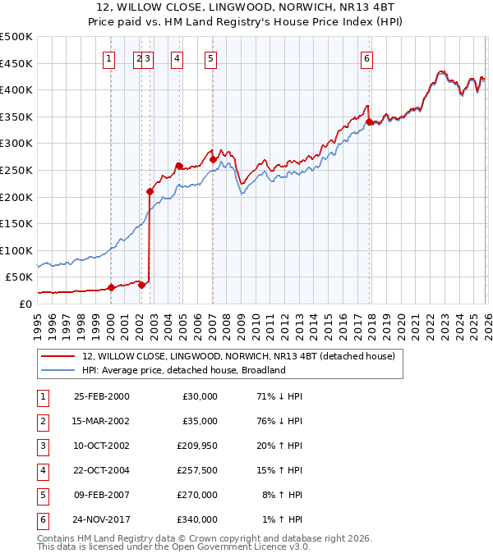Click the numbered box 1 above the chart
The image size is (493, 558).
110,58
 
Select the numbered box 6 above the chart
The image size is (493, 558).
366,58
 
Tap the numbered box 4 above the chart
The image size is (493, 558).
177,58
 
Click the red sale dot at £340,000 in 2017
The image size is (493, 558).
369,122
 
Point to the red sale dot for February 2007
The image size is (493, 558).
213,159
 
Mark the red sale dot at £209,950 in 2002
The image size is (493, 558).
150,191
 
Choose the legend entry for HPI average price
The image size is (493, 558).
183,370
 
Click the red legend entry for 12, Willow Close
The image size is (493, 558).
238,356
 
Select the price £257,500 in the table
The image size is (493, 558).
200,471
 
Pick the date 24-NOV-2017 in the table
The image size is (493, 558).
101,519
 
